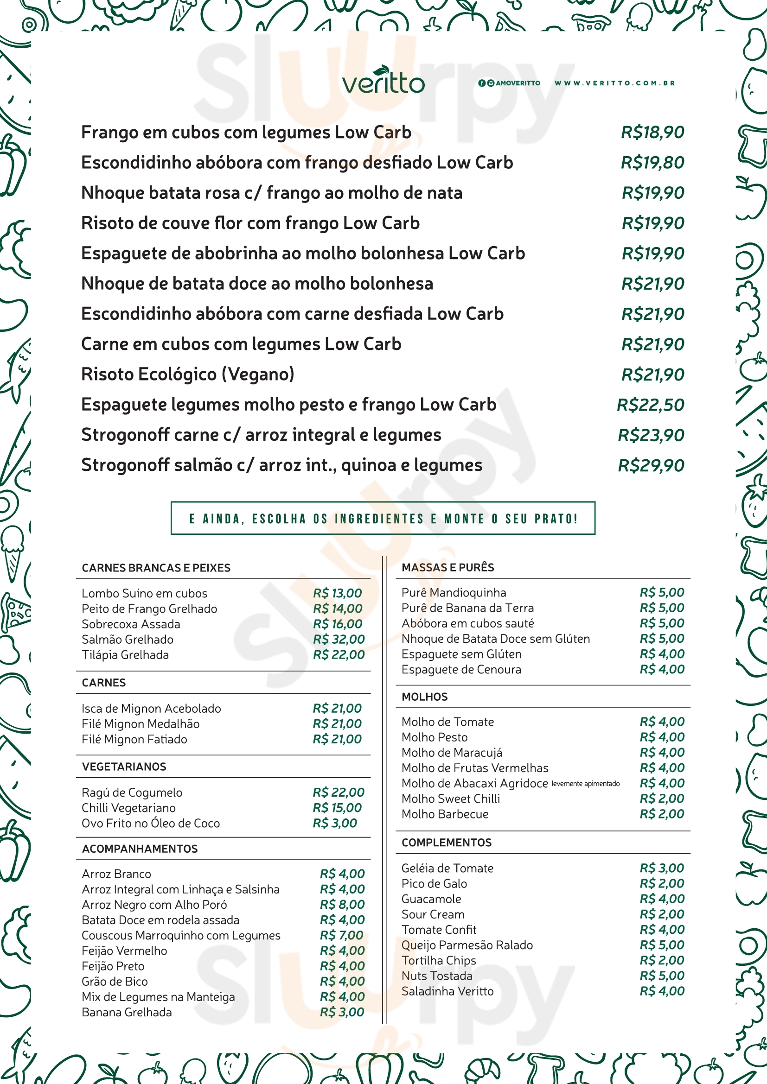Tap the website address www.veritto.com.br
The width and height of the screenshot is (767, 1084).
tap(614, 83)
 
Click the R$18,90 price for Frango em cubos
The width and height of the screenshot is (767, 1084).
tap(652, 133)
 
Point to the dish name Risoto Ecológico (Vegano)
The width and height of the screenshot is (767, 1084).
tap(188, 374)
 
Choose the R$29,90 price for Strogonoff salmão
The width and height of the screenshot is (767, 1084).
tap(651, 465)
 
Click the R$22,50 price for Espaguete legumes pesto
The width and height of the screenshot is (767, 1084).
tap(650, 405)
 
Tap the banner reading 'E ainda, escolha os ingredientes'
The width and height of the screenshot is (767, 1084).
tap(383, 519)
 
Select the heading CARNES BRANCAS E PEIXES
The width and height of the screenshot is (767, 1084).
tap(156, 568)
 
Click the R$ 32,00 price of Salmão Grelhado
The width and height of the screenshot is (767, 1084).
tap(339, 639)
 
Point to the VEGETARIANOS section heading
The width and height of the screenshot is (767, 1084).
tap(124, 766)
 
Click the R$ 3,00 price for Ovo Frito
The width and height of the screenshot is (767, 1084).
tap(335, 823)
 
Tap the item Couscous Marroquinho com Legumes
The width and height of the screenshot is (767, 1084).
tap(181, 935)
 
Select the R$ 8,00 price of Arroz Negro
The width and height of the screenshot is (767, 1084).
tap(342, 905)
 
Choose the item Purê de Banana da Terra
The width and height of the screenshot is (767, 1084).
tap(467, 608)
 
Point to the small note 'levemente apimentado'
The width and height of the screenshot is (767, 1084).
tap(585, 784)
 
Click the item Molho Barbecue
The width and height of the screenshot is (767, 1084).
tap(445, 814)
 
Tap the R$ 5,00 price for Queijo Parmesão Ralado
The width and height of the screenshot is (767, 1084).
tap(662, 945)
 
